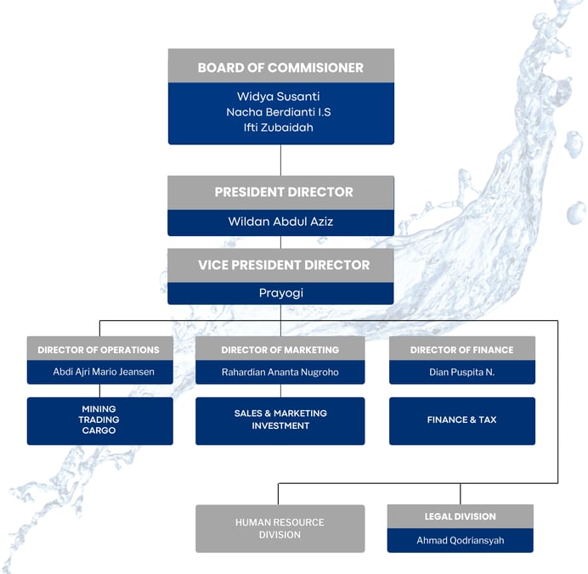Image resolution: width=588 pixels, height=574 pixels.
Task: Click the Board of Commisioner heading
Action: pyautogui.click(x=280, y=68)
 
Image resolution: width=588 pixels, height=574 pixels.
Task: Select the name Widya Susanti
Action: pyautogui.click(x=280, y=96)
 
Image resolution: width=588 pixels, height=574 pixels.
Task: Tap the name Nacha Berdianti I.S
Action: pyautogui.click(x=280, y=112)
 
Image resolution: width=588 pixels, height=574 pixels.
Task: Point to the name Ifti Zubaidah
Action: pyautogui.click(x=280, y=128)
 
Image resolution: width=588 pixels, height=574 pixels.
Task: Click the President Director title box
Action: pyautogui.click(x=280, y=192)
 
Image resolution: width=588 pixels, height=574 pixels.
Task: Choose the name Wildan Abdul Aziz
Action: pyautogui.click(x=280, y=222)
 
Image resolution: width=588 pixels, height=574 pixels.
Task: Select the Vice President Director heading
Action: pyautogui.click(x=280, y=265)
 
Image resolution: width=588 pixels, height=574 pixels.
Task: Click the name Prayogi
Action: pyautogui.click(x=280, y=293)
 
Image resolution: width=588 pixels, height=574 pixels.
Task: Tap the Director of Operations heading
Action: pyautogui.click(x=99, y=350)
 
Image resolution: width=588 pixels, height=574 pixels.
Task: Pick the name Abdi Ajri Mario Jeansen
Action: pyautogui.click(x=99, y=371)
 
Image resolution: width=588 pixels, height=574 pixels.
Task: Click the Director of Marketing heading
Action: pyautogui.click(x=280, y=350)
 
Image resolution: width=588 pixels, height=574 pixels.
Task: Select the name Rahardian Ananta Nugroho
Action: pyautogui.click(x=280, y=371)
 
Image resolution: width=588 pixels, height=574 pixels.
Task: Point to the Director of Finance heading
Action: pyautogui.click(x=462, y=350)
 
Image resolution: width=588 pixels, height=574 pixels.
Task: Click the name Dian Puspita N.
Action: pyautogui.click(x=462, y=371)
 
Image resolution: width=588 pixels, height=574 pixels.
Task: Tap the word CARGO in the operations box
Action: pyautogui.click(x=99, y=430)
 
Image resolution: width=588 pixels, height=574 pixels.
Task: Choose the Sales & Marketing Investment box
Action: pyautogui.click(x=280, y=419)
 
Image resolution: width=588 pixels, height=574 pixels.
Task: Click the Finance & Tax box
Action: pyautogui.click(x=462, y=419)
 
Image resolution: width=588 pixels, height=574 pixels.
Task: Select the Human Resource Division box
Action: pyautogui.click(x=280, y=528)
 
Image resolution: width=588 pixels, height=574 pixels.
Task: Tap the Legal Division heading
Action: pyautogui.click(x=460, y=516)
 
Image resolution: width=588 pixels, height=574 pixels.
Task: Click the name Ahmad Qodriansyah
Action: pyautogui.click(x=460, y=540)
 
